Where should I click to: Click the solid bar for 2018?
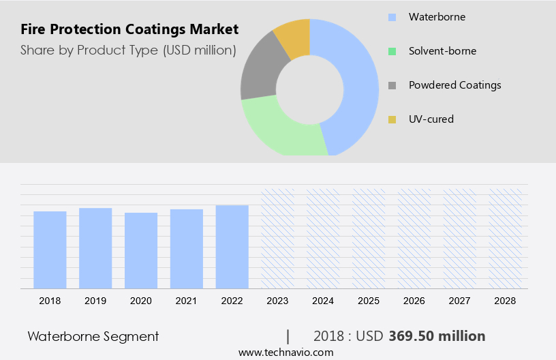50,250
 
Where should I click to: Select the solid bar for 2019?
95,248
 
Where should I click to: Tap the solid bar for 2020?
141,250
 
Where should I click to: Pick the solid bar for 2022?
232,247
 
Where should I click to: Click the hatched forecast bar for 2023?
277,239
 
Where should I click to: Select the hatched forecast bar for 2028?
506,239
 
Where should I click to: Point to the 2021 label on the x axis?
186,300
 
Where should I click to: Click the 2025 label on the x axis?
369,300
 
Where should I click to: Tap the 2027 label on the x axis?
460,300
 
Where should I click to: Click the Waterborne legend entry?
437,16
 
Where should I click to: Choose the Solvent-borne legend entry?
442,50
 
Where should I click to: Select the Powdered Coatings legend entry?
454,85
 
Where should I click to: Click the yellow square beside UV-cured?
392,119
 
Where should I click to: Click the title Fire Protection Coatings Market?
129,29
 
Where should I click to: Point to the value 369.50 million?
437,336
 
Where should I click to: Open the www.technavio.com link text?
285,352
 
